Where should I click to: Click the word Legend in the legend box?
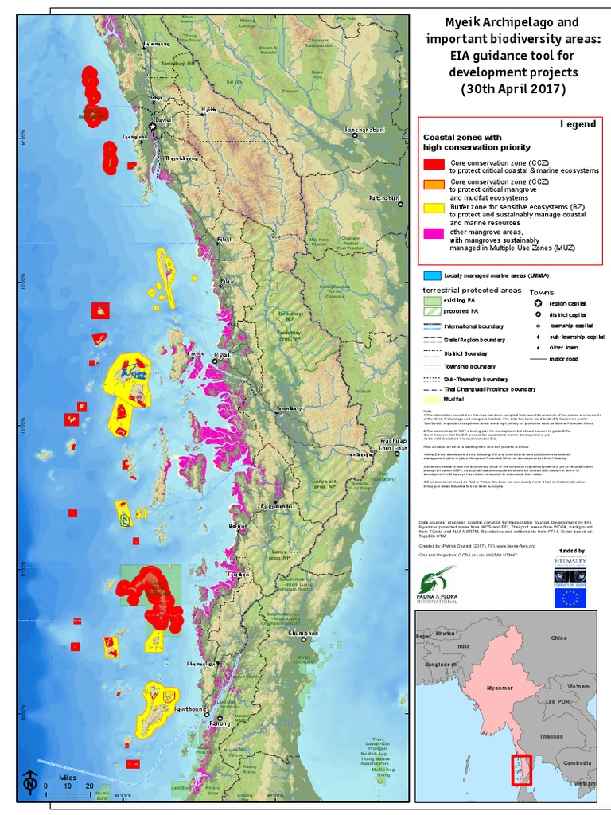click(x=578, y=124)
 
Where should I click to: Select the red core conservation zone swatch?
click(x=434, y=165)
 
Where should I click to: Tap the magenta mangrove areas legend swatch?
click(x=434, y=234)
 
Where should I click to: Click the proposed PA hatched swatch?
click(x=433, y=313)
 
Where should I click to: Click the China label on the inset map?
click(x=559, y=638)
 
